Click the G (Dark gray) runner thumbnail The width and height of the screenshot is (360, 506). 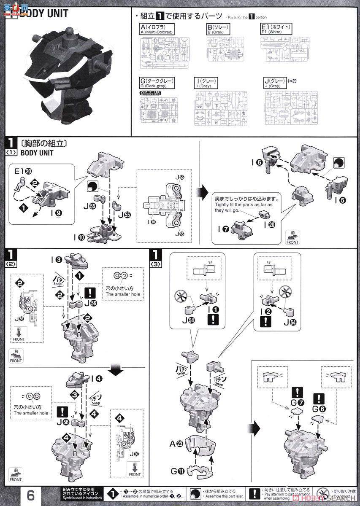(x=159, y=110)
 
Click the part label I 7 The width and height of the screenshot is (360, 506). (x=222, y=229)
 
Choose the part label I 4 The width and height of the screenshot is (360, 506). (x=97, y=377)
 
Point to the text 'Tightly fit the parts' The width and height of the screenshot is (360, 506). (x=239, y=205)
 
